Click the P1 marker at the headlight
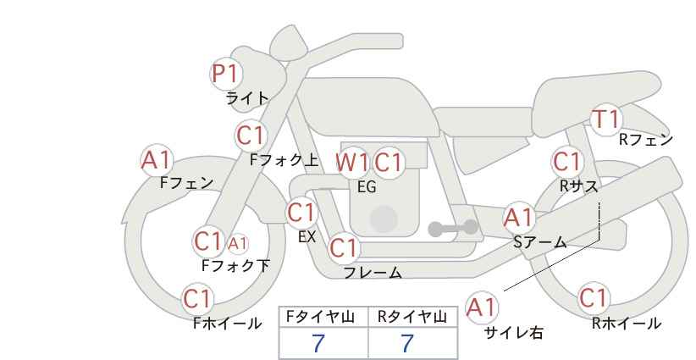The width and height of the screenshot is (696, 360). pyautogui.click(x=226, y=75)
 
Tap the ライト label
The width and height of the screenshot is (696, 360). pyautogui.click(x=246, y=98)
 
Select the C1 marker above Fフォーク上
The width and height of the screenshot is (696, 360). pyautogui.click(x=251, y=135)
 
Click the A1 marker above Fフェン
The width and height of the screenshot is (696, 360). pyautogui.click(x=157, y=159)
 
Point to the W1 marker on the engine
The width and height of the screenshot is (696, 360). pyautogui.click(x=351, y=162)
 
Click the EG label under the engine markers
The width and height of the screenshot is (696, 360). pyautogui.click(x=366, y=187)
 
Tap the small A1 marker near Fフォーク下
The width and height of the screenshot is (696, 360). pyautogui.click(x=238, y=244)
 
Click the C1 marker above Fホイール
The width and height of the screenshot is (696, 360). pyautogui.click(x=198, y=299)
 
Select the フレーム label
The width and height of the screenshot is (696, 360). pyautogui.click(x=373, y=273)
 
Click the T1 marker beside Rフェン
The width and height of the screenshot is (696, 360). pyautogui.click(x=606, y=119)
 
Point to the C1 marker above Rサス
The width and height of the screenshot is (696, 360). pyautogui.click(x=567, y=161)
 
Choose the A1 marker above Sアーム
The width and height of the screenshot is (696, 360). pyautogui.click(x=518, y=218)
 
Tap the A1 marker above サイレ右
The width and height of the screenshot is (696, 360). pyautogui.click(x=482, y=307)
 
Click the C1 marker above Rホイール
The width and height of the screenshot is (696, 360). pyautogui.click(x=594, y=298)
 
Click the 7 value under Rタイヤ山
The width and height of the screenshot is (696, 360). pyautogui.click(x=407, y=343)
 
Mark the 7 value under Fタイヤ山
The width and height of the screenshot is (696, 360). pyautogui.click(x=318, y=343)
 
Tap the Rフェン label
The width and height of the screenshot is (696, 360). pyautogui.click(x=646, y=140)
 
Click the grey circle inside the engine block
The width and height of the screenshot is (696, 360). pyautogui.click(x=384, y=219)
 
